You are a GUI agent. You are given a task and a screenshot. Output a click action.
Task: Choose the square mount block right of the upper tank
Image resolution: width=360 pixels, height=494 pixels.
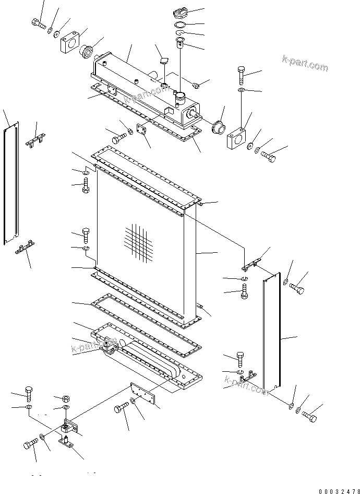(238, 136)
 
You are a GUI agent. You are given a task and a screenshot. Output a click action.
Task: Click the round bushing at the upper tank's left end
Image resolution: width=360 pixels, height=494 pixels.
(86, 51)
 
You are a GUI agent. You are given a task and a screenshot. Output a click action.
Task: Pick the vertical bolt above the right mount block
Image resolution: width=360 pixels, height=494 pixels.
(241, 75)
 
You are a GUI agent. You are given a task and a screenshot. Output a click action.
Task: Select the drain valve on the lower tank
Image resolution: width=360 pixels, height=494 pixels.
(110, 345)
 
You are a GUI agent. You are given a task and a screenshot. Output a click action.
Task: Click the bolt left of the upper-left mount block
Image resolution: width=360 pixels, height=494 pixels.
(38, 23)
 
